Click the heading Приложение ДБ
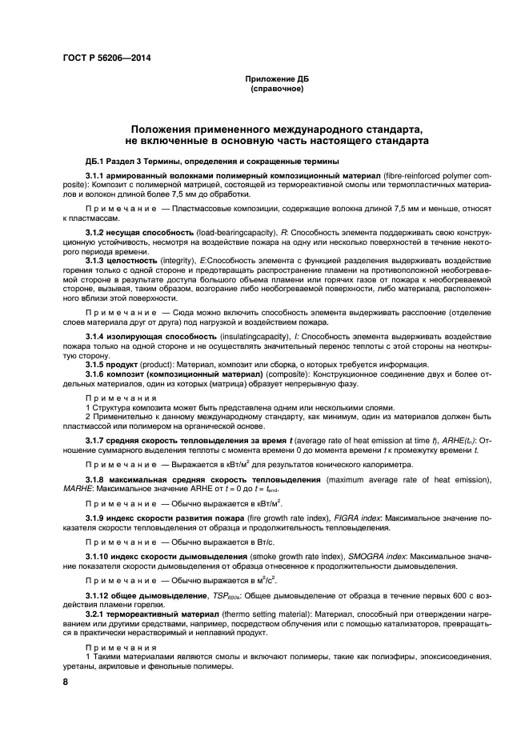click(276, 80)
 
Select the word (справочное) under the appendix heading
click(276, 89)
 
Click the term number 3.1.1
click(97, 174)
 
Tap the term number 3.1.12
click(99, 595)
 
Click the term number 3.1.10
click(99, 557)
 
